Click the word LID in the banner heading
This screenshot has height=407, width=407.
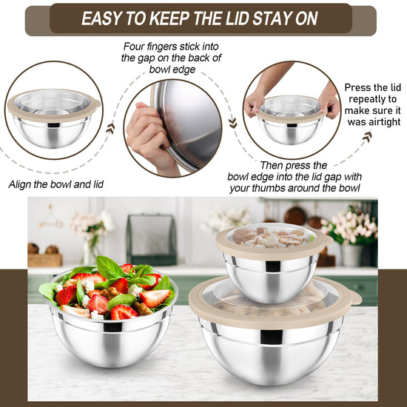click(238, 18)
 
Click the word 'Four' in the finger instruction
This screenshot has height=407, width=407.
click(134, 47)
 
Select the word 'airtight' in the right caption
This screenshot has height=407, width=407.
click(374, 122)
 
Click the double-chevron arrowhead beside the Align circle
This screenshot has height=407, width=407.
click(110, 128)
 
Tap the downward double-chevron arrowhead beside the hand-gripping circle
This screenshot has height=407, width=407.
click(233, 123)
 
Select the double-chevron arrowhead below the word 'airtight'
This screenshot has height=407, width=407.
click(367, 137)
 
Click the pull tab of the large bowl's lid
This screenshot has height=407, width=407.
click(355, 298)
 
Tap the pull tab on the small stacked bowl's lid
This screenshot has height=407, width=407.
click(329, 240)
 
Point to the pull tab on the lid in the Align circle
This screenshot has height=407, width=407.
click(96, 103)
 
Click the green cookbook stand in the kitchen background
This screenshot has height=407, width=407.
click(152, 239)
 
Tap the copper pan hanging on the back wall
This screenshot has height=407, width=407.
click(295, 215)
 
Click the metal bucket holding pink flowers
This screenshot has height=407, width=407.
click(352, 255)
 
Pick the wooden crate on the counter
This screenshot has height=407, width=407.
click(44, 260)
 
